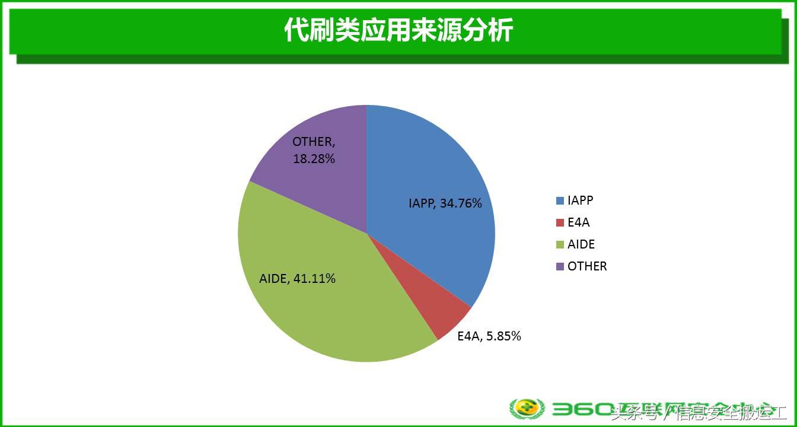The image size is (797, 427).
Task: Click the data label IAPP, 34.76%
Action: pos(445,203)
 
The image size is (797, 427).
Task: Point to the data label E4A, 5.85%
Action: pos(489,336)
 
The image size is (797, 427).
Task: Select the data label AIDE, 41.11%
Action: pos(298,278)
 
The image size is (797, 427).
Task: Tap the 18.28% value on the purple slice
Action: pos(314,159)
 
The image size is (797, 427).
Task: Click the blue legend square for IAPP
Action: pos(560,200)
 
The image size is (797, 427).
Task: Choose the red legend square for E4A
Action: pos(560,222)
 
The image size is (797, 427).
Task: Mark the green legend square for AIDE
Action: pos(560,244)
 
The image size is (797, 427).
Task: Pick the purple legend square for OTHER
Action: pos(560,266)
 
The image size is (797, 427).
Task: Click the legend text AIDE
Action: pos(581,244)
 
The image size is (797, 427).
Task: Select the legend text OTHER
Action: pos(587,266)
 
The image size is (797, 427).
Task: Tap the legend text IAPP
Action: pos(580,200)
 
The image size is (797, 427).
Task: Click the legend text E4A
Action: pos(579,222)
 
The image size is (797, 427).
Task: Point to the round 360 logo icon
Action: pos(527,409)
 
